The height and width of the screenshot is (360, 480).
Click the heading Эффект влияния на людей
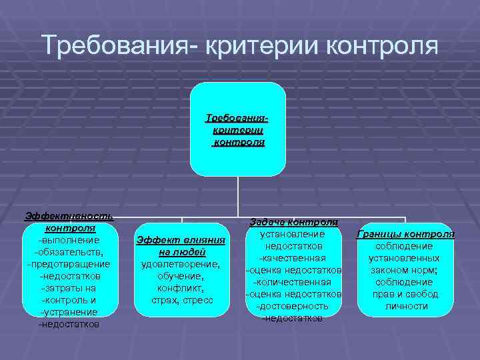click(181, 246)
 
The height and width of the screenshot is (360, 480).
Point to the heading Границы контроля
click(406, 234)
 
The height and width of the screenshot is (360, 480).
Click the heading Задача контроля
click(294, 222)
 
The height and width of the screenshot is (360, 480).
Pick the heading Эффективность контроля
click(69, 222)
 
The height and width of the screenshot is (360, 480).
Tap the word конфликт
click(181, 288)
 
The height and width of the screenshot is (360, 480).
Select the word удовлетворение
click(181, 264)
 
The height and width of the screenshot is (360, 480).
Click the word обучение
click(181, 276)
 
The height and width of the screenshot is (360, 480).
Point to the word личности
click(406, 306)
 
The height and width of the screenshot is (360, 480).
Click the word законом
click(393, 270)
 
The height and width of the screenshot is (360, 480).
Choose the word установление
click(294, 234)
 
